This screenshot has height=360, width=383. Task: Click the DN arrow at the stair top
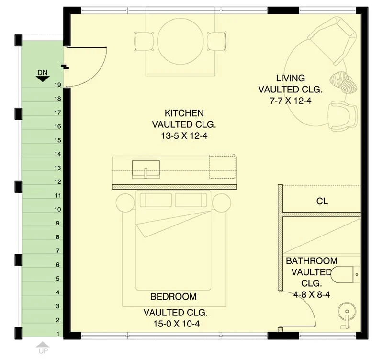tap(43, 79)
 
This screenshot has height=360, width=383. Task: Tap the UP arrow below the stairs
tap(43, 344)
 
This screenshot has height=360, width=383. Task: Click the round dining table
tap(180, 42)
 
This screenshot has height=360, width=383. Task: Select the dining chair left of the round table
tap(144, 41)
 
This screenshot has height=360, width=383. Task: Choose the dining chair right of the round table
tap(217, 41)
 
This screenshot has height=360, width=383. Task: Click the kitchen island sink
tap(146, 169)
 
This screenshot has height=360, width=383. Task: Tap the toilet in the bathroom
tap(346, 274)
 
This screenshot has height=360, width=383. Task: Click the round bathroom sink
tap(347, 312)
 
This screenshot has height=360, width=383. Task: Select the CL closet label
tap(322, 201)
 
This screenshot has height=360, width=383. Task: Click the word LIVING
tap(291, 78)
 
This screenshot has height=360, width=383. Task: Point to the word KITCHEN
tap(184, 113)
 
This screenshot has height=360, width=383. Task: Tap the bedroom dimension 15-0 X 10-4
tap(176, 324)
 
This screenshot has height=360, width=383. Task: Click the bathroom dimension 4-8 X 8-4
tap(312, 295)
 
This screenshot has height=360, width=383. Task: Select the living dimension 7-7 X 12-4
tap(291, 101)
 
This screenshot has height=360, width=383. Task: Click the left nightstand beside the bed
tap(125, 203)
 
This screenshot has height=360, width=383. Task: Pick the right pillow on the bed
tap(191, 200)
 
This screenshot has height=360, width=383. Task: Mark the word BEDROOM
tap(173, 296)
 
